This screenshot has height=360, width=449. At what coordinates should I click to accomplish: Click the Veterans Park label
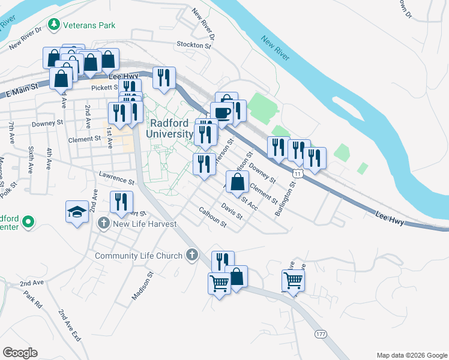pyautogui.click(x=91, y=25)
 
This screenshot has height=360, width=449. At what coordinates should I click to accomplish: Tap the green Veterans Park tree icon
pyautogui.click(x=55, y=25)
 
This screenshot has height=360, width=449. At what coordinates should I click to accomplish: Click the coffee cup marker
pyautogui.click(x=221, y=113)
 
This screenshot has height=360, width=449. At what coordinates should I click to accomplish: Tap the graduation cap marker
pyautogui.click(x=77, y=212)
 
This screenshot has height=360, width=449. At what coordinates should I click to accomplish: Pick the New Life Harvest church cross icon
pyautogui.click(x=103, y=224)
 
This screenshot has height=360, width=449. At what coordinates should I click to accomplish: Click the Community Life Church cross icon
pyautogui.click(x=192, y=256)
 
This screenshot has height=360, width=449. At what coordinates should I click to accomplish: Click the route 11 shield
pyautogui.click(x=297, y=172)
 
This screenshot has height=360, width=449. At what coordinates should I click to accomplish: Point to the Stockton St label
pyautogui.click(x=194, y=44)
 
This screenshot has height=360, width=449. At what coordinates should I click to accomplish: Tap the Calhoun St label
pyautogui.click(x=212, y=217)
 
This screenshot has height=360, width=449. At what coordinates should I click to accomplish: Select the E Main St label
pyautogui.click(x=20, y=91)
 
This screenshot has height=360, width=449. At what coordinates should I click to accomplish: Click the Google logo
pyautogui.click(x=20, y=353)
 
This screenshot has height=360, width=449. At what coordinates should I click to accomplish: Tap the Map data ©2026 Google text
pyautogui.click(x=411, y=355)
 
